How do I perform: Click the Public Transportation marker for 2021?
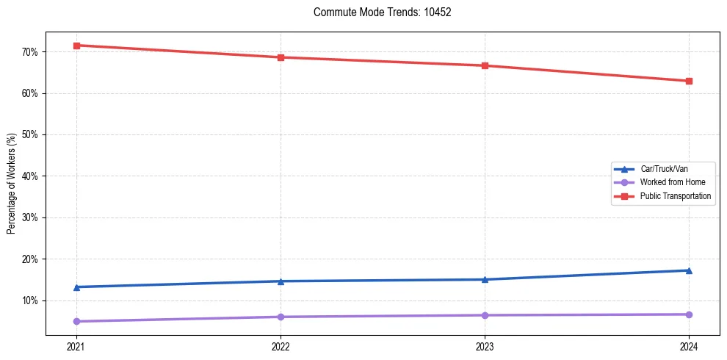[x=76, y=46]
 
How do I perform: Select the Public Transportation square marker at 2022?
[x=281, y=57]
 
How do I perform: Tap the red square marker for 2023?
[x=485, y=65]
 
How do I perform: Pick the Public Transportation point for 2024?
[x=689, y=81]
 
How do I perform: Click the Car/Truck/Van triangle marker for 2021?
[x=76, y=287]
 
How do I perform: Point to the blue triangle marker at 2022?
[x=281, y=281]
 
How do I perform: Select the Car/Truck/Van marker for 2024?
[x=689, y=270]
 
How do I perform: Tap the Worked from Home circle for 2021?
[x=76, y=321]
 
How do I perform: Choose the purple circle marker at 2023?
[x=485, y=315]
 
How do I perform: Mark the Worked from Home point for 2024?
[x=689, y=314]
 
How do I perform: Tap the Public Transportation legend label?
[x=676, y=196]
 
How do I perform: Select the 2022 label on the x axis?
[x=281, y=347]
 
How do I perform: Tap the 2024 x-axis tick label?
[x=689, y=347]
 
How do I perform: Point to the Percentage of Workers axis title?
[x=12, y=184]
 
